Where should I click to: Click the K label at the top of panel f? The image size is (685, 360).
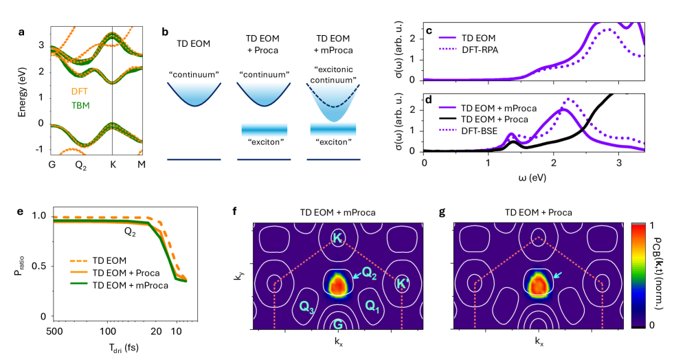pyautogui.click(x=337, y=238)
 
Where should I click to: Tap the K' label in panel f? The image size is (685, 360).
pyautogui.click(x=403, y=282)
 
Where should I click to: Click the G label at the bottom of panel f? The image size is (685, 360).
pyautogui.click(x=337, y=324)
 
